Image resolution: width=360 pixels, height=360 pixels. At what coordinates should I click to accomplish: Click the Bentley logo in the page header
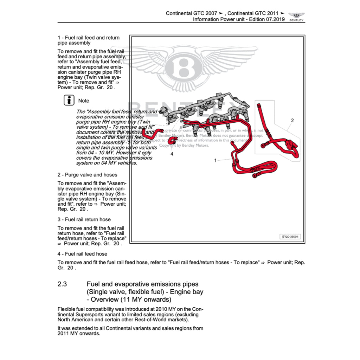pyautogui.click(x=296, y=16)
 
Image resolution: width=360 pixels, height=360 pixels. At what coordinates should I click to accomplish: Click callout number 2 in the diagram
pyautogui.click(x=292, y=121)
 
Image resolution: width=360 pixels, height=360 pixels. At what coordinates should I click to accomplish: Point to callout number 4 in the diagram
pyautogui.click(x=172, y=154)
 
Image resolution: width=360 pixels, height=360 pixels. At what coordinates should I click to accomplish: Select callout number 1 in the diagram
pyautogui.click(x=216, y=160)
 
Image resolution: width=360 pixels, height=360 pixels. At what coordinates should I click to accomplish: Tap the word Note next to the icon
pyautogui.click(x=84, y=101)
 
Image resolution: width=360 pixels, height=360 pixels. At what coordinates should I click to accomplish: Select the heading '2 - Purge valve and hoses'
pyautogui.click(x=87, y=175)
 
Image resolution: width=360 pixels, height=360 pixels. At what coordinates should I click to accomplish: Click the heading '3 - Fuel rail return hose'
pyautogui.click(x=84, y=219)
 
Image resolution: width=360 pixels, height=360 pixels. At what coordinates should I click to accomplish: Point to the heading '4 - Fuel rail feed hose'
pyautogui.click(x=82, y=254)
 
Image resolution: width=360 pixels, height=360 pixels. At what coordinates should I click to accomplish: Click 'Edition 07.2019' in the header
pyautogui.click(x=267, y=19)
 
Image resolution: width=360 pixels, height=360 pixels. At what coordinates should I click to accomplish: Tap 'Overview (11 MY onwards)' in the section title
pyautogui.click(x=131, y=300)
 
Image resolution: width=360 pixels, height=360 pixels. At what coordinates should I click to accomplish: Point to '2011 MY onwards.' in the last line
pyautogui.click(x=79, y=334)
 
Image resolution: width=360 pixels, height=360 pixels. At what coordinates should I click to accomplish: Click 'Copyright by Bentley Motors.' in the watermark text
pyautogui.click(x=184, y=145)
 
